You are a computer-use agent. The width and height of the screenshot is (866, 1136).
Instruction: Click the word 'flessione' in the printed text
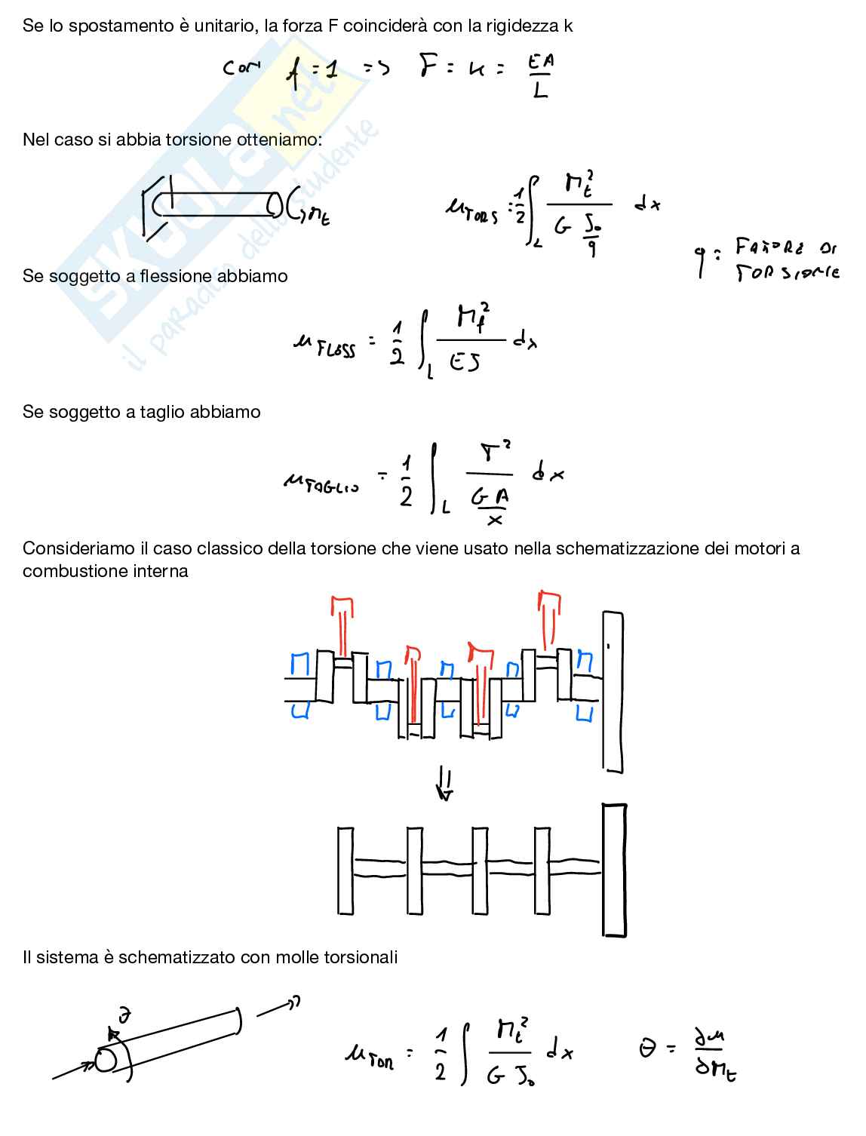click(x=174, y=276)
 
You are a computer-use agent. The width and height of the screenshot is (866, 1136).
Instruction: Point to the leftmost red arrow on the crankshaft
click(x=343, y=625)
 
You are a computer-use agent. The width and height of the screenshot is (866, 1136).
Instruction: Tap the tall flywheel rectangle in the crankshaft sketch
click(x=613, y=692)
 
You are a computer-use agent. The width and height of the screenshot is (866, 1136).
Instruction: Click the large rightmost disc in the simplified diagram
click(x=614, y=870)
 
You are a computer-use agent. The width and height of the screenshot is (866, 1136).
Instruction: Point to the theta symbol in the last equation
click(x=647, y=1048)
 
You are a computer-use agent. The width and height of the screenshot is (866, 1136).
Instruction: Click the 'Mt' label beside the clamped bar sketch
click(x=318, y=218)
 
